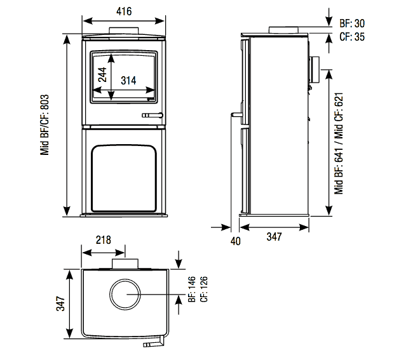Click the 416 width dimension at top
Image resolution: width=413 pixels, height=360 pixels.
tap(124, 10)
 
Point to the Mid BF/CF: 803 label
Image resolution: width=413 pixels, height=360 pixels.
tap(45, 125)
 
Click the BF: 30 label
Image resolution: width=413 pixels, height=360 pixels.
tap(351, 23)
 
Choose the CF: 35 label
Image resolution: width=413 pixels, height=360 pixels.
tap(351, 37)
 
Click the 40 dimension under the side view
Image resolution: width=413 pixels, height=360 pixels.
tap(236, 241)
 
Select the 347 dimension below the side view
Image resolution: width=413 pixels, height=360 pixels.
tap(274, 237)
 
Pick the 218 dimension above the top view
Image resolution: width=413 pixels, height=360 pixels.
tap(103, 240)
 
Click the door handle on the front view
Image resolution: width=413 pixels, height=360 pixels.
tap(152, 115)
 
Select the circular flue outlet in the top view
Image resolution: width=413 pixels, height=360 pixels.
tap(125, 295)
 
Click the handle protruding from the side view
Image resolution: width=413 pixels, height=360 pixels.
tap(236, 115)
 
